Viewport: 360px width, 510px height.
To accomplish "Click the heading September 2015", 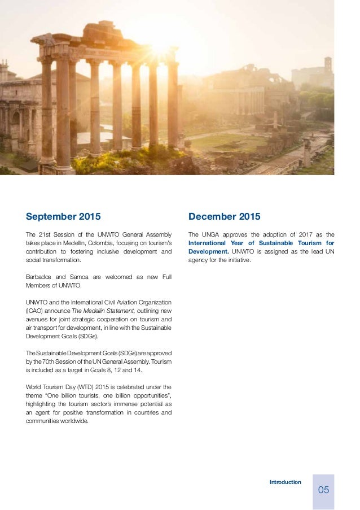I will [63, 216].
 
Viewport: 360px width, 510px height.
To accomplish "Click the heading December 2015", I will [225, 216].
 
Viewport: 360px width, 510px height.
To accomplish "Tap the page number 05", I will [323, 490].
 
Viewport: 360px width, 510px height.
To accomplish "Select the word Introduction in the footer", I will [286, 482].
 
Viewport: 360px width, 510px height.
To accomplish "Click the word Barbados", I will [38, 276].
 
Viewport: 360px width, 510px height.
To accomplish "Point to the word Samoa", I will [81, 276].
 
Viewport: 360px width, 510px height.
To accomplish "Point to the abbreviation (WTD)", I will [77, 386].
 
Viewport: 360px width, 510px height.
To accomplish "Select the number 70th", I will [47, 361].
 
